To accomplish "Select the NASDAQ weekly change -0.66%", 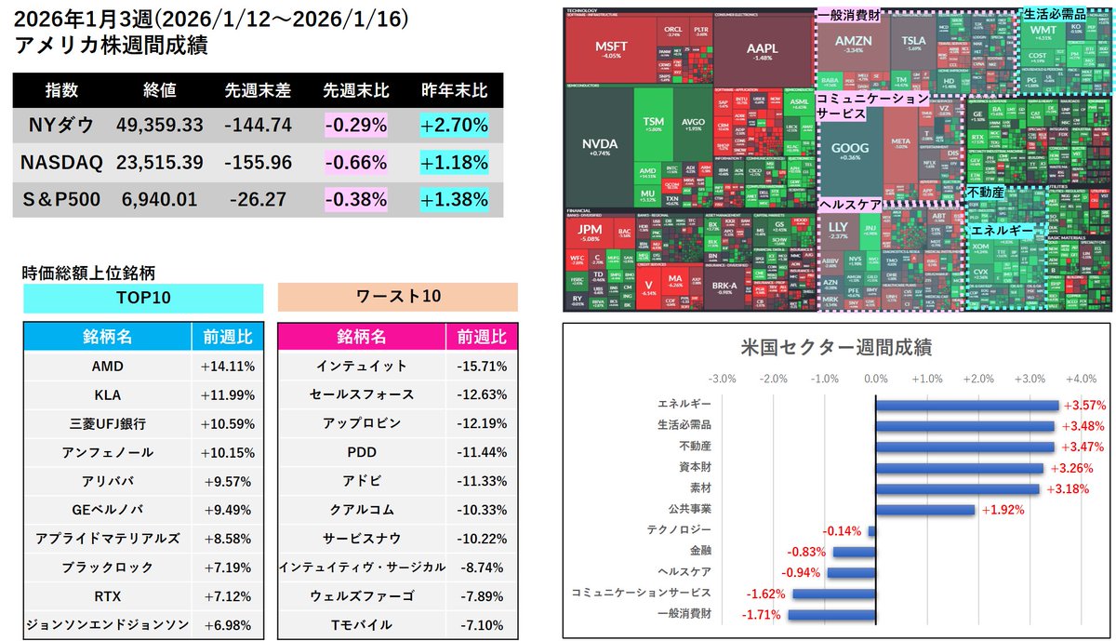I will pyautogui.click(x=355, y=162).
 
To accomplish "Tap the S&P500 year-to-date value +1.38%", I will pyautogui.click(x=453, y=199).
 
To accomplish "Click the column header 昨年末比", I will pyautogui.click(x=453, y=91).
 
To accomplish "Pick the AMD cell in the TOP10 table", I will pyautogui.click(x=106, y=367).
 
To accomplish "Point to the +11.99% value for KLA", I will pyautogui.click(x=227, y=394).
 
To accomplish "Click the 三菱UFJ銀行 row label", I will pyautogui.click(x=106, y=423).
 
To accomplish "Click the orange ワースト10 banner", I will pyautogui.click(x=397, y=298).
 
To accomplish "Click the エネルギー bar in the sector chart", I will pyautogui.click(x=967, y=405).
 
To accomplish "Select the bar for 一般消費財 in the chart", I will pyautogui.click(x=831, y=615).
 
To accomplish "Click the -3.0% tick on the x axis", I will pyautogui.click(x=722, y=379).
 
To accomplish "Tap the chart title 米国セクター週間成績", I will pyautogui.click(x=830, y=346).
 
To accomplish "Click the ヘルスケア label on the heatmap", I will pyautogui.click(x=850, y=204).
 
